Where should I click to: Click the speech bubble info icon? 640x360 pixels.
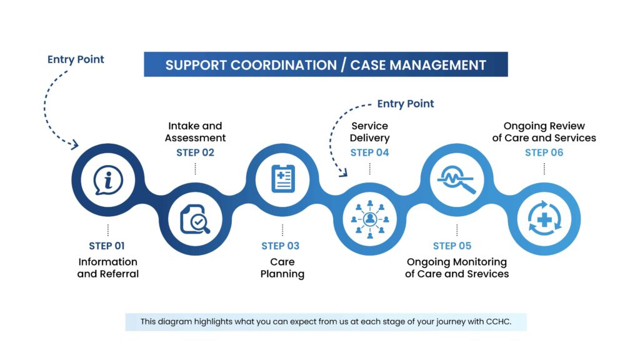click(x=108, y=181)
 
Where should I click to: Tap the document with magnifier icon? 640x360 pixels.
click(x=195, y=220)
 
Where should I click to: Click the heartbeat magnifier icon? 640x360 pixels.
click(x=457, y=180)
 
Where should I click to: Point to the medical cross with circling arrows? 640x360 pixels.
click(x=544, y=219)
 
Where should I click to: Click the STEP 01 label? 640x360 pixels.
click(x=107, y=246)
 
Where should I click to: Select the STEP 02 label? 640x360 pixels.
click(x=196, y=152)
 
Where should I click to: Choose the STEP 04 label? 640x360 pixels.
click(x=370, y=152)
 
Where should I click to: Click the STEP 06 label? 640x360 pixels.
click(x=544, y=152)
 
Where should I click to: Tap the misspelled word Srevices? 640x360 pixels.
click(x=487, y=274)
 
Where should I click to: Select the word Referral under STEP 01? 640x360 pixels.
click(x=119, y=274)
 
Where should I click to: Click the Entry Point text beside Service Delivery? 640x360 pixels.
click(x=406, y=104)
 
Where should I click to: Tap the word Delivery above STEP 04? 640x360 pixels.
click(x=370, y=137)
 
